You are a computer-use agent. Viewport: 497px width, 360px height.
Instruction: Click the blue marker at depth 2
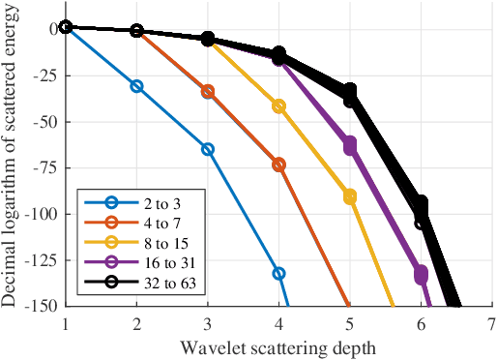point(136,86)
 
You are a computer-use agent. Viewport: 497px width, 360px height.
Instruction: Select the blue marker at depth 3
point(208,149)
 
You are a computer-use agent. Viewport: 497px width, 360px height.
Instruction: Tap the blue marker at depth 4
point(278,273)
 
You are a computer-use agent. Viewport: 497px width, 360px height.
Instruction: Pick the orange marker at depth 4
point(278,165)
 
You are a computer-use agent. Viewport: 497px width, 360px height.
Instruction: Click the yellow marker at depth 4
point(278,105)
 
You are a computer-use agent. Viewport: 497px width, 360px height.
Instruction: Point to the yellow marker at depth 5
point(350,196)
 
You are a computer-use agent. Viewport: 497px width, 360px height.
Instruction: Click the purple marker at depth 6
point(421,275)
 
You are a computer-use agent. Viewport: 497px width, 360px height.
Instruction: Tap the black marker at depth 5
point(350,93)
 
